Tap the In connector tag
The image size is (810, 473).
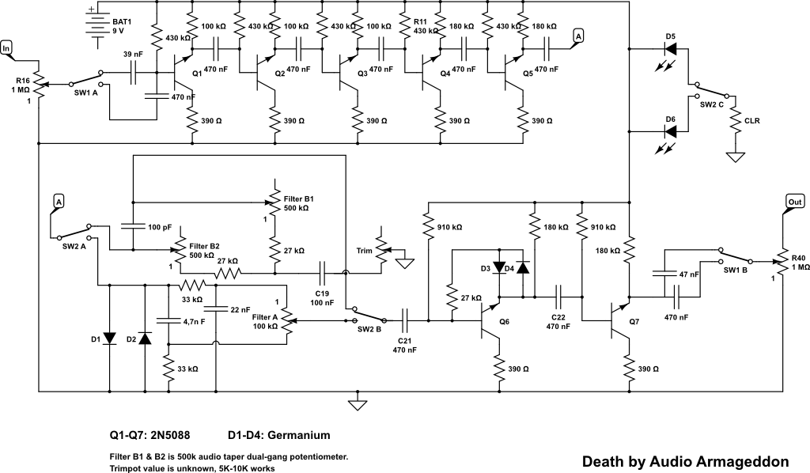8,47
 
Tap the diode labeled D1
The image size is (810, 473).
108,339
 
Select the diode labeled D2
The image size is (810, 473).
144,339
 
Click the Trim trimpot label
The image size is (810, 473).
364,251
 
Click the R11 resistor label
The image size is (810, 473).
419,21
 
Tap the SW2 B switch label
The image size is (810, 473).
368,328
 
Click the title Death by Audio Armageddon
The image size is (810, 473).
685,460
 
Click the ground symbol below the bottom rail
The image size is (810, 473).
358,405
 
